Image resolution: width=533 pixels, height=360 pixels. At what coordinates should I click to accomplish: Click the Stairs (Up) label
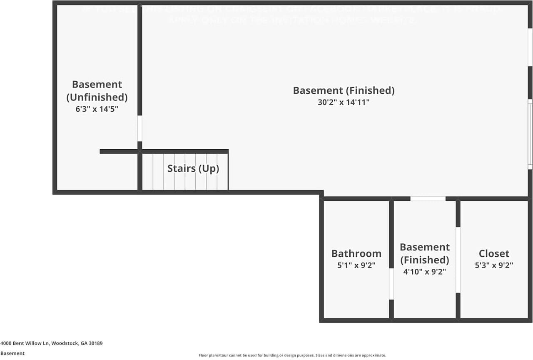pos(193,169)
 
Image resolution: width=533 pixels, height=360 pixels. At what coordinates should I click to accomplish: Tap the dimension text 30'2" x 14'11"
pos(344,102)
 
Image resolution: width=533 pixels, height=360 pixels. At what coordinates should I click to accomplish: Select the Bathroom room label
pos(356,253)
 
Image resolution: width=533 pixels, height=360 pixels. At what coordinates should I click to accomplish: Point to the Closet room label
pos(494,253)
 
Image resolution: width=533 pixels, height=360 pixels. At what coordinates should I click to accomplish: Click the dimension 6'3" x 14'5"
pos(97,109)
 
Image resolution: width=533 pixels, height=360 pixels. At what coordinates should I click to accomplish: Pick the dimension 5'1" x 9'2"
pos(356,265)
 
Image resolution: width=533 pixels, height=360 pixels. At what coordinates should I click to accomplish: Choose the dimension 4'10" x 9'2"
pos(424,272)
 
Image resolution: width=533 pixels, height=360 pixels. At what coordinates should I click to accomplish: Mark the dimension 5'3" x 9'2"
pos(494,265)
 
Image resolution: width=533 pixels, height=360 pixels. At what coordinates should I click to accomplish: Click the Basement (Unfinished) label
pos(97,90)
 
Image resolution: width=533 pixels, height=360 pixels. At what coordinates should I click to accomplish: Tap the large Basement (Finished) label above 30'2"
pos(344,90)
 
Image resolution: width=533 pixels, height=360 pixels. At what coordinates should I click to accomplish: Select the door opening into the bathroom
pos(391,284)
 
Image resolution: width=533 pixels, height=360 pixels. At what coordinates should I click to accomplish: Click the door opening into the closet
pos(458,260)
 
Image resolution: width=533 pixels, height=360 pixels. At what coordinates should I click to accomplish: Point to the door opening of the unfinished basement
pos(139,128)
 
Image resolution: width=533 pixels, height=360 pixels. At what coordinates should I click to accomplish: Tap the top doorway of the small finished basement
pos(428,199)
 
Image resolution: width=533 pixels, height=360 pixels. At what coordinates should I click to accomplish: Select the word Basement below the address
pos(12,353)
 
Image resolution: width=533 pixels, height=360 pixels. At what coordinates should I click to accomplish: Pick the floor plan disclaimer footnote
pos(292,355)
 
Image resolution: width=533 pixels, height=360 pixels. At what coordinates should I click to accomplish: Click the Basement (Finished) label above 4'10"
pos(424,253)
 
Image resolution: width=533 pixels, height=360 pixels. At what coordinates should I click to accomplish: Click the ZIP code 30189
pos(96,343)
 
